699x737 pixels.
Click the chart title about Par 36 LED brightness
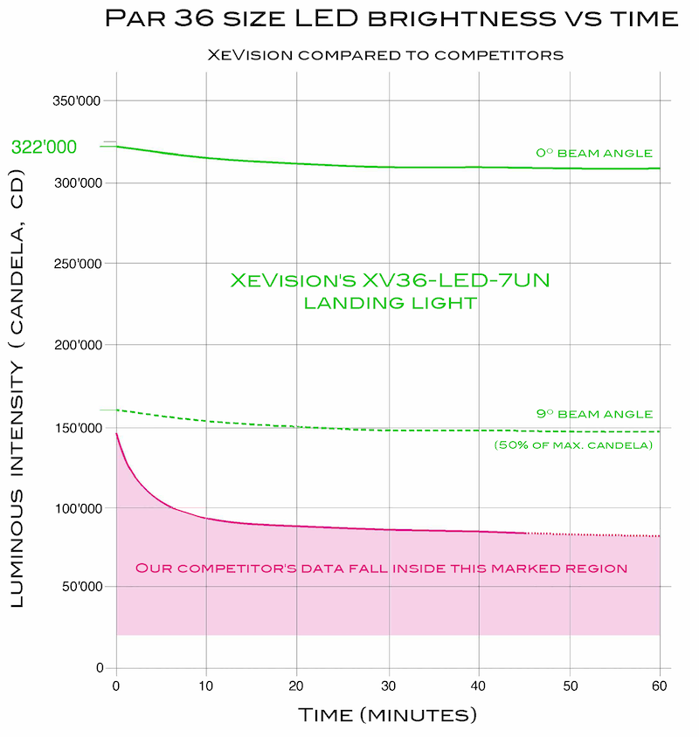(391, 19)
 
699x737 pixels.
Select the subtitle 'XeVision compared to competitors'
(384, 54)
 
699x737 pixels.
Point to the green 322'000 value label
(44, 148)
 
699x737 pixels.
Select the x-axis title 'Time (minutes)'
(388, 715)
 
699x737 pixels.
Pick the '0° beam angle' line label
(594, 153)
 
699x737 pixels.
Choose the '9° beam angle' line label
(594, 414)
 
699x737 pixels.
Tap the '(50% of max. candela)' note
(573, 445)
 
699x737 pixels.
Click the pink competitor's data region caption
(381, 568)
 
